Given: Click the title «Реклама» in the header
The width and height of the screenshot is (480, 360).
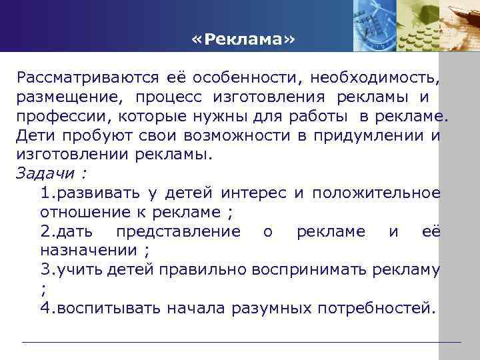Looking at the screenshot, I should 241,40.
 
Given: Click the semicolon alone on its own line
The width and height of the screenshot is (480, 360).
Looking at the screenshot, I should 43,289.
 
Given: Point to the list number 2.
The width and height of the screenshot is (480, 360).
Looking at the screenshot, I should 45,231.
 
